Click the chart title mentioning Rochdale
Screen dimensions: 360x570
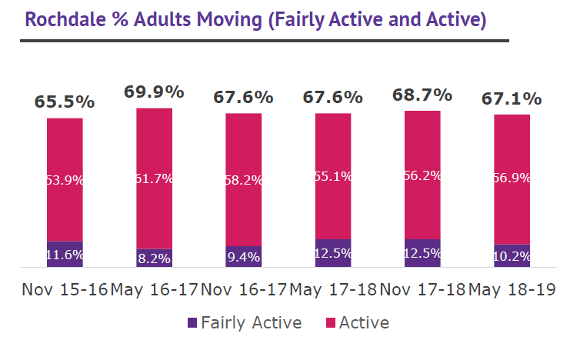click(254, 19)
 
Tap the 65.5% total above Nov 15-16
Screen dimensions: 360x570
click(65, 102)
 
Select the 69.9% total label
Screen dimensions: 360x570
click(154, 92)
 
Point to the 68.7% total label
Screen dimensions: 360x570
click(422, 95)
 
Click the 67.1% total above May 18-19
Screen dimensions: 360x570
click(512, 98)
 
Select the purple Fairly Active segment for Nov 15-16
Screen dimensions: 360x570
click(65, 255)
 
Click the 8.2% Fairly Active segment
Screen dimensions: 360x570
click(154, 258)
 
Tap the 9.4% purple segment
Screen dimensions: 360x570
click(243, 257)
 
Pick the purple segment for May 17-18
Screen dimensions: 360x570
click(332, 253)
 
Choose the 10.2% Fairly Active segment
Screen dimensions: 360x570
click(512, 256)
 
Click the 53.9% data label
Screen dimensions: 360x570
click(65, 180)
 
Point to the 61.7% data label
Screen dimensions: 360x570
click(154, 178)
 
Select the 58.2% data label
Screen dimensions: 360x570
click(243, 180)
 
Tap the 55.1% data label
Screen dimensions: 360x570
click(332, 176)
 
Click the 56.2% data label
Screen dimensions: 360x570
click(422, 175)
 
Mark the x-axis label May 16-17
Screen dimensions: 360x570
click(154, 290)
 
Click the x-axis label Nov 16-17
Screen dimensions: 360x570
click(243, 290)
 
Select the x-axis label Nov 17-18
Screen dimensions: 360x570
click(422, 290)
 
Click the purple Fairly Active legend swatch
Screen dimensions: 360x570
click(192, 323)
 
